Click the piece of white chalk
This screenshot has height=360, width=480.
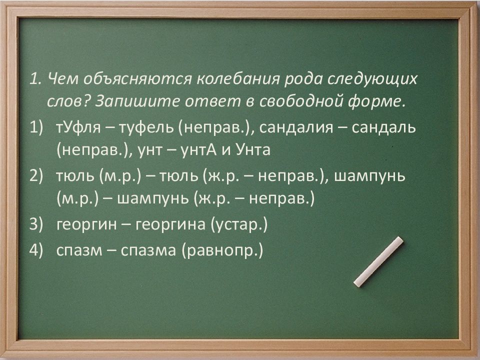pos(378,261)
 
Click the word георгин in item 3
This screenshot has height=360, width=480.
pos(85,224)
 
